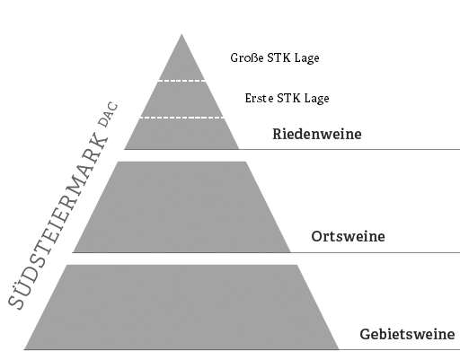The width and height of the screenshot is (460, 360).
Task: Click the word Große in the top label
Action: [247, 57]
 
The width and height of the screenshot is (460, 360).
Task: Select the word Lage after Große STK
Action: [306, 58]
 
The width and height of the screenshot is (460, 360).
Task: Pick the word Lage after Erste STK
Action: [317, 99]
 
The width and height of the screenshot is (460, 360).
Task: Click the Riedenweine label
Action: [317, 134]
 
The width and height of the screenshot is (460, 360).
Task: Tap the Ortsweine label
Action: [348, 236]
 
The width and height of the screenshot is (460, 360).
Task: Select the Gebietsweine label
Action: [407, 334]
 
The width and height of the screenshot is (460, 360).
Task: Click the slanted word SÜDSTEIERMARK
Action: [57, 222]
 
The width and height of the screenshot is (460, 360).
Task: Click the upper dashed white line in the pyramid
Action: [181, 81]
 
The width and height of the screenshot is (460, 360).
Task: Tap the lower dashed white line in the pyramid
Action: [181, 118]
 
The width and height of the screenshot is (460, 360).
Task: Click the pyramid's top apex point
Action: [181, 34]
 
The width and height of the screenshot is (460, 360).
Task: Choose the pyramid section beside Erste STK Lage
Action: [181, 99]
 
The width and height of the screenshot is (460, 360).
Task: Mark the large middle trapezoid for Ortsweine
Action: [181, 207]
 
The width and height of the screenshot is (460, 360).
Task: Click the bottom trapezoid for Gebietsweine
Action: [181, 307]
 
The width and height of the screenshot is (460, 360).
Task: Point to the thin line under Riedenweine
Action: [349, 149]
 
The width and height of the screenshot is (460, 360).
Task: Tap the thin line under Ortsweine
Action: [376, 252]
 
